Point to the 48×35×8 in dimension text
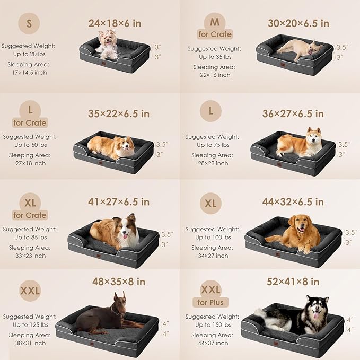click(x=119, y=282)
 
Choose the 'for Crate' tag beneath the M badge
click(x=215, y=34)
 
